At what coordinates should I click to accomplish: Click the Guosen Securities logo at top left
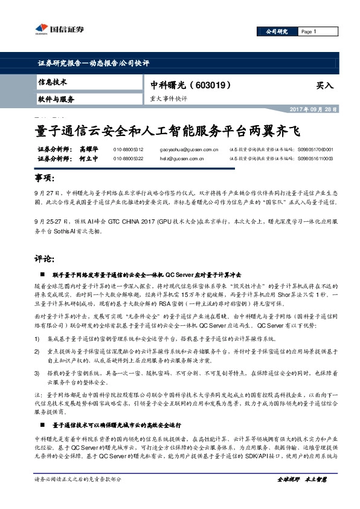coord(58,28)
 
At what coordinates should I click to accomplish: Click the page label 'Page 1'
coord(309,31)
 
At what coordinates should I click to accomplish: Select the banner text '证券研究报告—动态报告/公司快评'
coord(93,63)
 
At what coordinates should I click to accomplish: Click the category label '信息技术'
coord(53,81)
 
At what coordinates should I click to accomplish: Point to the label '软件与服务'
coord(56,99)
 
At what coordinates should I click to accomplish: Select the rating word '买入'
coord(324,86)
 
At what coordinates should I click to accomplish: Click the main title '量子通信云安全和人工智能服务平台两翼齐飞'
coord(165,130)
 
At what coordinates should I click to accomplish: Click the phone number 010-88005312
coord(128,149)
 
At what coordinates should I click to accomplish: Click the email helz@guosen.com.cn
coord(181,158)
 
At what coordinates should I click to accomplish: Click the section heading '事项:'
coord(44,180)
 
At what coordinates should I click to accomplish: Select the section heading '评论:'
coord(44,259)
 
